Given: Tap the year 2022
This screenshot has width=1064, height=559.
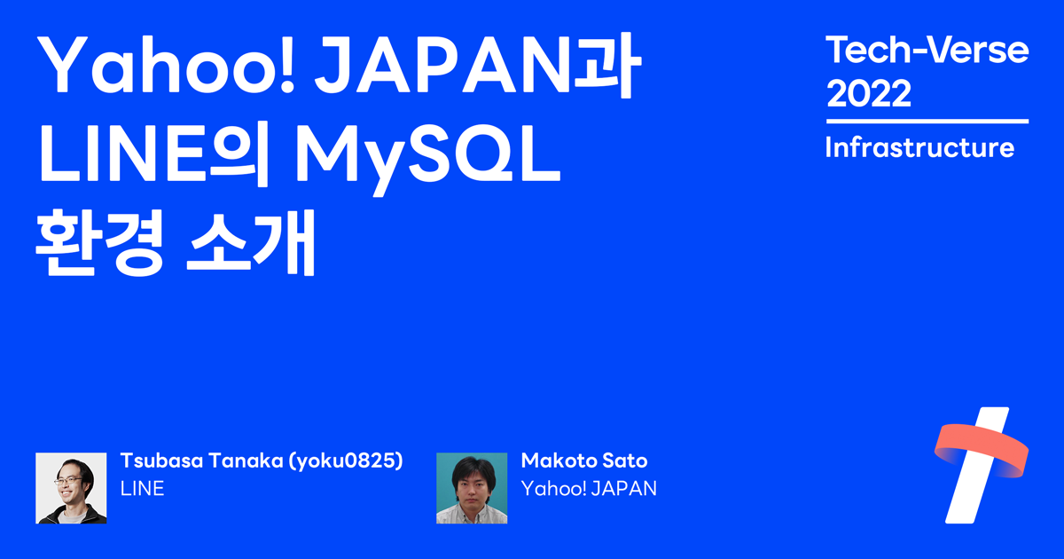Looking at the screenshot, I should click(868, 93).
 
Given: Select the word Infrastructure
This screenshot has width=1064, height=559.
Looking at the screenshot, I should click(919, 147).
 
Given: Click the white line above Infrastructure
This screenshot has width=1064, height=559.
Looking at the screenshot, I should click(927, 121).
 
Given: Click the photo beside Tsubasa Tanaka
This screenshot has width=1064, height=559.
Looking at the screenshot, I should click(71, 488).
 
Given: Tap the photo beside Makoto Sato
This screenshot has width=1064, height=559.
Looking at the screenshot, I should click(472, 488).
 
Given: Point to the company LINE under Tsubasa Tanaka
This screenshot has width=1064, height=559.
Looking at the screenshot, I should click(142, 488).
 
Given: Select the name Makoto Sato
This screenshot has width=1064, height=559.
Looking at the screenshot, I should click(584, 461).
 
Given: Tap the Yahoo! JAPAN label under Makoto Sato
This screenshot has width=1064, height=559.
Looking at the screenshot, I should click(589, 488).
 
